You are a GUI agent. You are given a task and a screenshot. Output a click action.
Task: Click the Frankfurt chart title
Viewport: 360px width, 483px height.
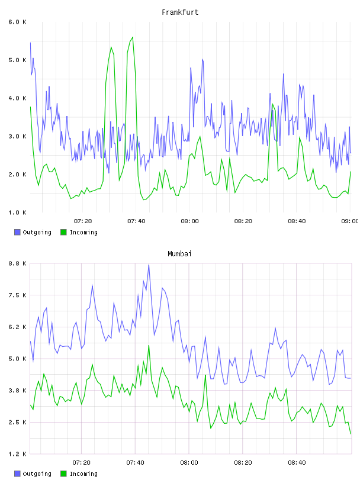[180, 12]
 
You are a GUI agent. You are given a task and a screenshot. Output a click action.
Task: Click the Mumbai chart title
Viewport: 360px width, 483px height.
[179, 254]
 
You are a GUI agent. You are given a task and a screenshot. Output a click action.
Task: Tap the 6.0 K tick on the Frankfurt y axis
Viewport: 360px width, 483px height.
[18, 22]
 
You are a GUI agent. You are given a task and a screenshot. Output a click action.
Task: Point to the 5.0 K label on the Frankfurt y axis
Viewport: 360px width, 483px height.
[18, 60]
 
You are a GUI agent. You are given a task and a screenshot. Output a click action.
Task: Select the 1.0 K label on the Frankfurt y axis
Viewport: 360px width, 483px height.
[18, 212]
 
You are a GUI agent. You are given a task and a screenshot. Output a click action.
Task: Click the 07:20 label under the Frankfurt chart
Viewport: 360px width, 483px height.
[83, 221]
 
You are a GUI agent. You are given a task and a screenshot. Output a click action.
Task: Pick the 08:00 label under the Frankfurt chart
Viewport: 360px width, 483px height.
[189, 221]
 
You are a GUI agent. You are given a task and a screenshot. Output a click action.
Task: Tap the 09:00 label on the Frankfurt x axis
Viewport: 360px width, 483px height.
[350, 221]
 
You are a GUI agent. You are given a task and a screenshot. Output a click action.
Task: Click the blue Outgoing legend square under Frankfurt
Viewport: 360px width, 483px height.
[17, 232]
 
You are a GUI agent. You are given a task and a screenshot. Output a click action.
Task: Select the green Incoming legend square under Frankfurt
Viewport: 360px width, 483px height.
[63, 232]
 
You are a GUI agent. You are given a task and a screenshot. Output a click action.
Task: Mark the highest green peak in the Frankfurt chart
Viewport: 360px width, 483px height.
[133, 37]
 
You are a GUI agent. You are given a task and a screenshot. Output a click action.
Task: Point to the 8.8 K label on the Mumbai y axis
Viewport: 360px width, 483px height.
[18, 263]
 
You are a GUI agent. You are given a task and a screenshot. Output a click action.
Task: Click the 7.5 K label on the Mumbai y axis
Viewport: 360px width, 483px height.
[18, 295]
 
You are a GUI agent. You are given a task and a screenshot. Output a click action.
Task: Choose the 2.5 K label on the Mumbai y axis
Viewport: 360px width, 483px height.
[18, 422]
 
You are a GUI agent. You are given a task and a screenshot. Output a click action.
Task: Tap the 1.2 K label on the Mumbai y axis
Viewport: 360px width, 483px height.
[18, 454]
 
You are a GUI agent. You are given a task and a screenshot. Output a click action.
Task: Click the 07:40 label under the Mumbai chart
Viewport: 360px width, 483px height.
[135, 462]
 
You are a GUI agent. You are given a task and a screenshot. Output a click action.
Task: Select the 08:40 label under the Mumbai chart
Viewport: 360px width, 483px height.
[297, 462]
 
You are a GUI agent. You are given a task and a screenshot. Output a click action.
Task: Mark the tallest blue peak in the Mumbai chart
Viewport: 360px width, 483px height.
[149, 265]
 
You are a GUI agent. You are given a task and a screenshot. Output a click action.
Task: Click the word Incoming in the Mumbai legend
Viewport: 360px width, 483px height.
[83, 474]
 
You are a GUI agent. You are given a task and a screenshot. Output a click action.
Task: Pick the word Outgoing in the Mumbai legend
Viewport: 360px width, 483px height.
[37, 474]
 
